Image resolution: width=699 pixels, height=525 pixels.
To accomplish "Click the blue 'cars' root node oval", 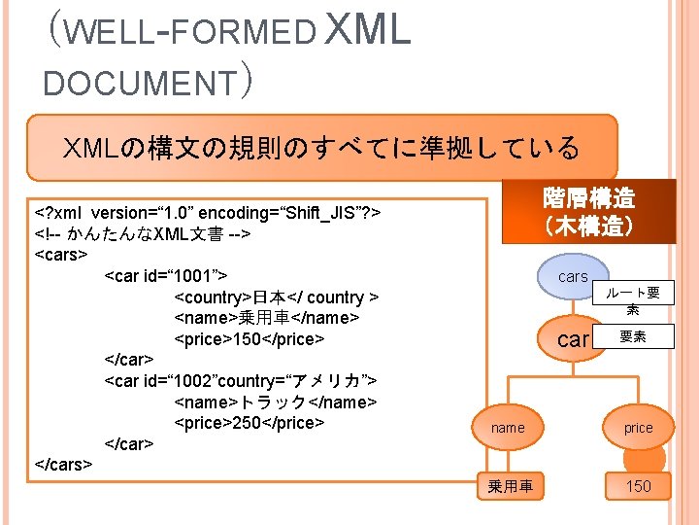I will click(573, 277).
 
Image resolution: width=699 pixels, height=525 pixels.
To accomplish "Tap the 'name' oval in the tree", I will click(508, 428).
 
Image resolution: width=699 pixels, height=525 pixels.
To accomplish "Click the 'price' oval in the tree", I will click(638, 428).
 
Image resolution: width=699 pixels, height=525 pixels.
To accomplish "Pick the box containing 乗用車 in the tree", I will click(511, 486).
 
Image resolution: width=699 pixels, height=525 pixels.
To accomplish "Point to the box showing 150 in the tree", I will click(638, 486).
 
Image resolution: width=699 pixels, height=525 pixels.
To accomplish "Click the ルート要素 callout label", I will click(633, 299).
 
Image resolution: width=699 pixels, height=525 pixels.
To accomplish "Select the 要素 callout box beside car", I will click(633, 337).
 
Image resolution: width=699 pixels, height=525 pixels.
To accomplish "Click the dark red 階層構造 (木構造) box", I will click(589, 212).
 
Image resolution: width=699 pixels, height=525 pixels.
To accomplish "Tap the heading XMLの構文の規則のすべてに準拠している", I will click(321, 148).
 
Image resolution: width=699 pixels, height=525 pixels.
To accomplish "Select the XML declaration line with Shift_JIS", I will click(208, 213).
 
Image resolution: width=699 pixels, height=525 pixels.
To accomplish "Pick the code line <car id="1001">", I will click(166, 276).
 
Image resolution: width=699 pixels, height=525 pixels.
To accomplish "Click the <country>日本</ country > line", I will click(276, 297).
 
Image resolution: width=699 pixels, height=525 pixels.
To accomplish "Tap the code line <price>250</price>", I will click(248, 423).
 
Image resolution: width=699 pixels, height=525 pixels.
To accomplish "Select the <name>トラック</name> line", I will click(275, 402).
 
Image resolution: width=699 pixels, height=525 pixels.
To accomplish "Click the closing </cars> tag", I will click(63, 464).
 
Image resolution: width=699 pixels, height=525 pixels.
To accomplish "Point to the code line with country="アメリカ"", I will click(241, 380).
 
